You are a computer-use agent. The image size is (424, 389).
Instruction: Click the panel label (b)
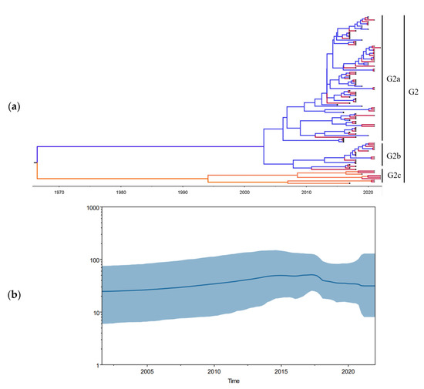pyautogui.click(x=13, y=294)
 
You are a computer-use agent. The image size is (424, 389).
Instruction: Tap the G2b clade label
pyautogui.click(x=394, y=156)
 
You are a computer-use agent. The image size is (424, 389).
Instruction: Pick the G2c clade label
pyautogui.click(x=394, y=176)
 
